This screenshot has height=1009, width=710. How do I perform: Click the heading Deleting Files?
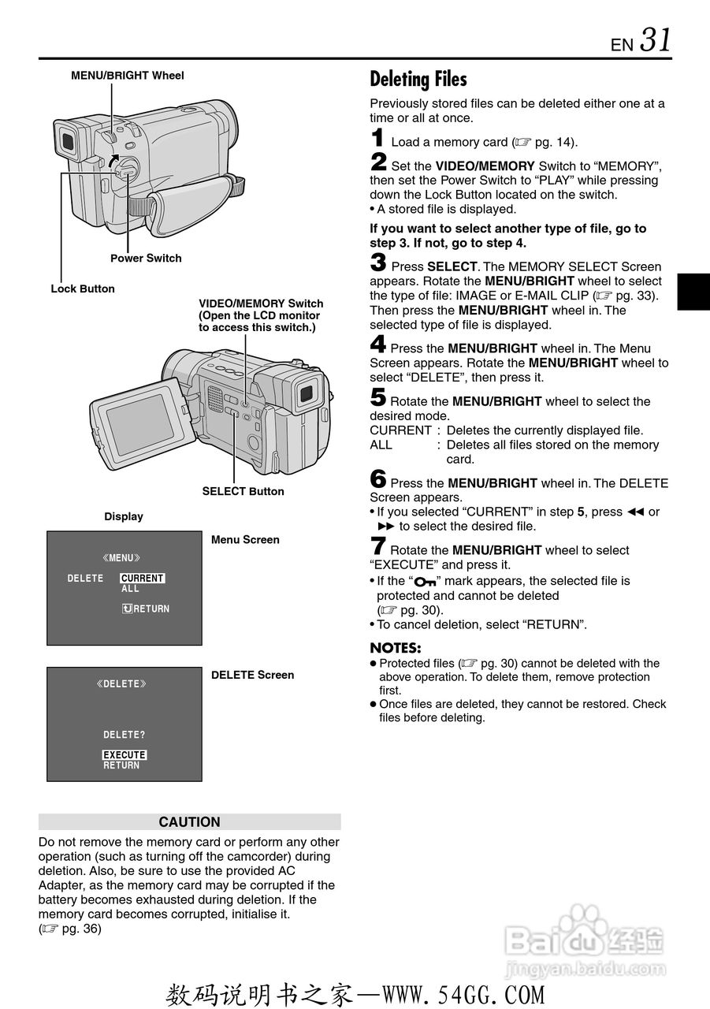tap(418, 79)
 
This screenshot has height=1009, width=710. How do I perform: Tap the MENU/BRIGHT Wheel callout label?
tap(128, 76)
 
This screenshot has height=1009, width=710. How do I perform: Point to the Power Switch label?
tap(146, 259)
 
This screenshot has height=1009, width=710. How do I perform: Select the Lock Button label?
tap(83, 289)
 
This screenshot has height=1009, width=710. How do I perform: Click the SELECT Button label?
tap(243, 491)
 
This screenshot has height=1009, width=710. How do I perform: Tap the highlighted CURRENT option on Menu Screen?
tap(142, 578)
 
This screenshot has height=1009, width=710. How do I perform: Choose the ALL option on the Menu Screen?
tap(130, 589)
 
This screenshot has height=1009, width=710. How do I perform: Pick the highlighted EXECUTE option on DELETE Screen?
tap(125, 754)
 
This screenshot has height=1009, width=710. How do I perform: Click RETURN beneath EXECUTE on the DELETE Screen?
tap(121, 765)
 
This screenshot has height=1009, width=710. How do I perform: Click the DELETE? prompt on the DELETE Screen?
tap(124, 735)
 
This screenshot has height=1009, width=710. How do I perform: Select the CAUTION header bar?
tap(189, 822)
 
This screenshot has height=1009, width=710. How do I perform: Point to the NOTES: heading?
tap(396, 648)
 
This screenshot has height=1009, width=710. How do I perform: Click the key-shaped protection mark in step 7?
tap(424, 582)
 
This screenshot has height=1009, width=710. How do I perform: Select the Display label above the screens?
tap(124, 516)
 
